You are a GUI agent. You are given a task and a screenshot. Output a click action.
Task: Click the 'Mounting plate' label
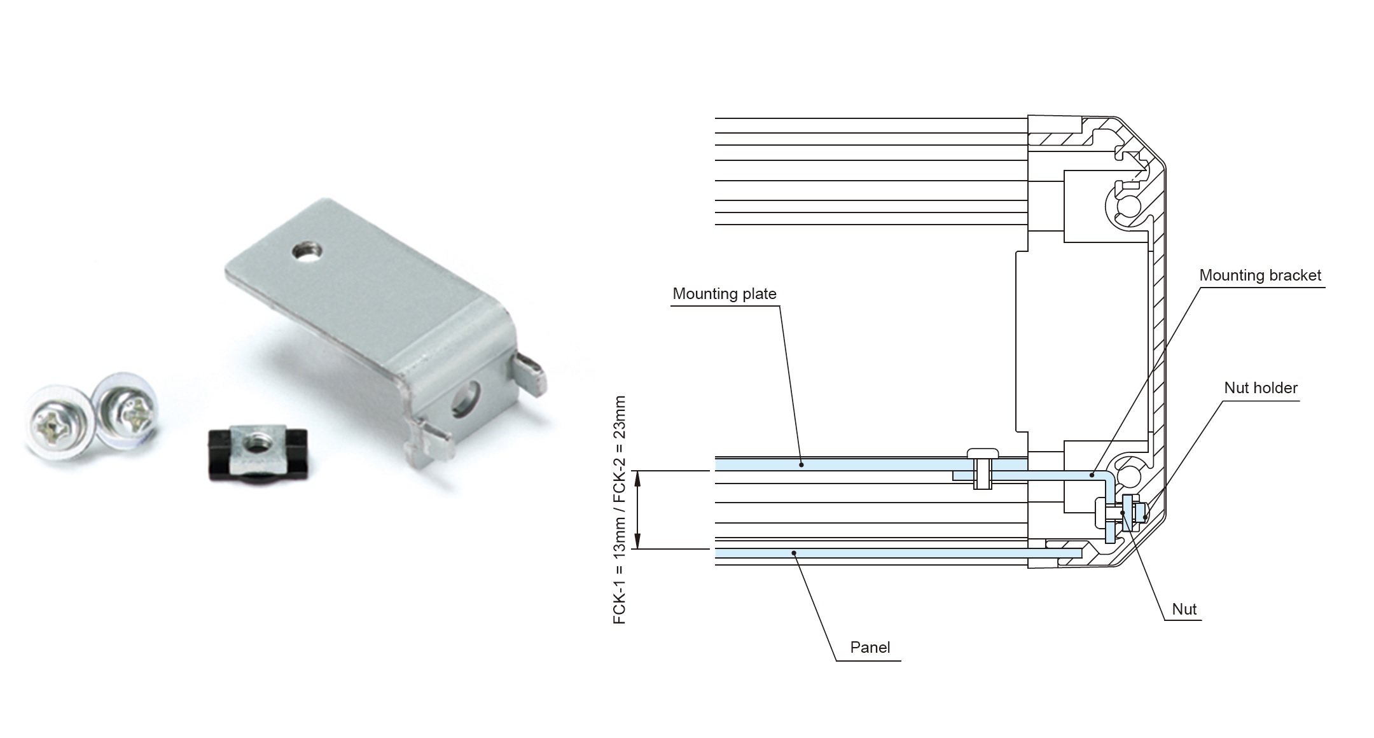[x=724, y=294]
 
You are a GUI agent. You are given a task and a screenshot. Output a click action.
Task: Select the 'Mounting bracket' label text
[x=1259, y=275]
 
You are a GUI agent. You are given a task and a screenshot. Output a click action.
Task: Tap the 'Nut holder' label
[x=1260, y=388]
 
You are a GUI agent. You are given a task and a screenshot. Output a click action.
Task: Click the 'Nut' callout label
[x=1184, y=609]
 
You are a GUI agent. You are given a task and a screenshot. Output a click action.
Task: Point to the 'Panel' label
[x=870, y=648]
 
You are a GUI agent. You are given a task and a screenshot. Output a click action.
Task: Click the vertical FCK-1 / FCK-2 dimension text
[x=620, y=510]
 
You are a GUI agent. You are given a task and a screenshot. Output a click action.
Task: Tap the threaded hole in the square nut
[x=256, y=440]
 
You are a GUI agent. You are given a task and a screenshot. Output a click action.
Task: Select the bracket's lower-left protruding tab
[x=433, y=439]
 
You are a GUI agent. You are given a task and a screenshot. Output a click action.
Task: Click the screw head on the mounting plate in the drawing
[x=983, y=453]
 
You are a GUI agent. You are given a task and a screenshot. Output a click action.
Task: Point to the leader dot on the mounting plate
[x=801, y=464]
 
